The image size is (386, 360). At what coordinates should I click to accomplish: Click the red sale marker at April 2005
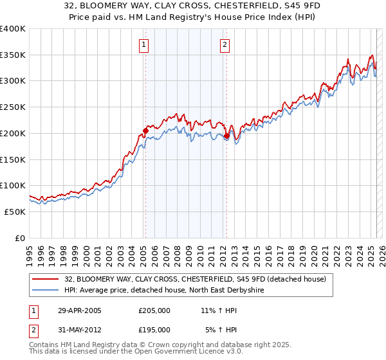tap(145, 131)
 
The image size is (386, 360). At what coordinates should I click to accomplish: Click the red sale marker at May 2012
tap(226, 136)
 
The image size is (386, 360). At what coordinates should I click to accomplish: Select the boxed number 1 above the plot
tap(143, 45)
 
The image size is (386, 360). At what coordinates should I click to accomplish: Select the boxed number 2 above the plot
tap(225, 45)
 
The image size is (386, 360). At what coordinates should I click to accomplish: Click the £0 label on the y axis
tap(20, 238)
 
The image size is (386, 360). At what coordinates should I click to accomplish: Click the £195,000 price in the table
tap(154, 330)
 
